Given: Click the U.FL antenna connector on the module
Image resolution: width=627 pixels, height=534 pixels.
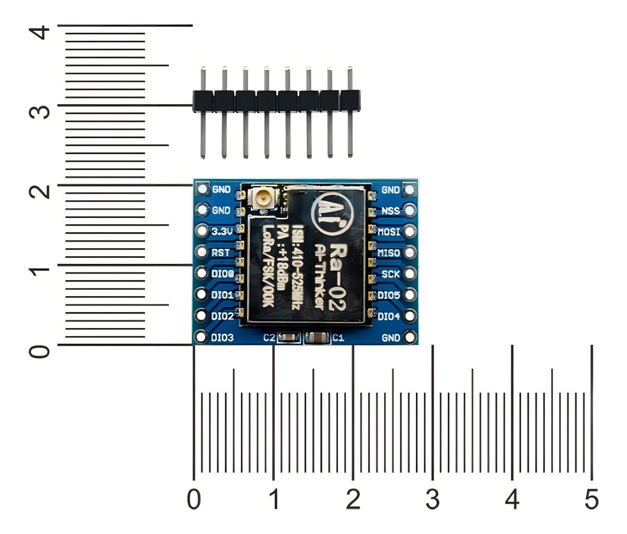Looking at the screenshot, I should pyautogui.click(x=264, y=198).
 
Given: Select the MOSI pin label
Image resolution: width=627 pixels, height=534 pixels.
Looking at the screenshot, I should pyautogui.click(x=389, y=232).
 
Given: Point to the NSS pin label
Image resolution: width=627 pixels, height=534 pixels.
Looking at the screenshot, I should pyautogui.click(x=390, y=211).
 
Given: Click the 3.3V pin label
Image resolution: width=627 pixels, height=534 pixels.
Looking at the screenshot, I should pyautogui.click(x=221, y=231).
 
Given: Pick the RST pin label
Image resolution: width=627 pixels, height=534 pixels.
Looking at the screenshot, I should pyautogui.click(x=221, y=253).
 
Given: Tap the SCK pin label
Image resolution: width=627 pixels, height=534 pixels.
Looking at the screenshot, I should pyautogui.click(x=390, y=274).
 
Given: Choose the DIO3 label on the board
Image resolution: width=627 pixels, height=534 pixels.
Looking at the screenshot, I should pyautogui.click(x=222, y=338).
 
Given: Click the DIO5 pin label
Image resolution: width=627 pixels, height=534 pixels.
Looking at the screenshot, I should pyautogui.click(x=389, y=296).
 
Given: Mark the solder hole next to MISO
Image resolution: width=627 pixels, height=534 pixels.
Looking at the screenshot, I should pyautogui.click(x=410, y=253).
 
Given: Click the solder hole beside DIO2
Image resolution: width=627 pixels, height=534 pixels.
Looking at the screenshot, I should pyautogui.click(x=201, y=316).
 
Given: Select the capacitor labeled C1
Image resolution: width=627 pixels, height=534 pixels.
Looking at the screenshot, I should pyautogui.click(x=317, y=338).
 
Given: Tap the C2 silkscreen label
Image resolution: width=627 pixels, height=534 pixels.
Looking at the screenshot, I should pyautogui.click(x=269, y=338).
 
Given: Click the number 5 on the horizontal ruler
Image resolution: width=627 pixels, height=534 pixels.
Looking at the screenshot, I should pyautogui.click(x=591, y=500).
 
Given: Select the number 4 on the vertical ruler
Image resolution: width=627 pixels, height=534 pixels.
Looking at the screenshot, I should pyautogui.click(x=39, y=32).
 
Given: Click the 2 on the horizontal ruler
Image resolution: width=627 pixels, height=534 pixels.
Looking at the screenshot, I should pyautogui.click(x=353, y=500).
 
